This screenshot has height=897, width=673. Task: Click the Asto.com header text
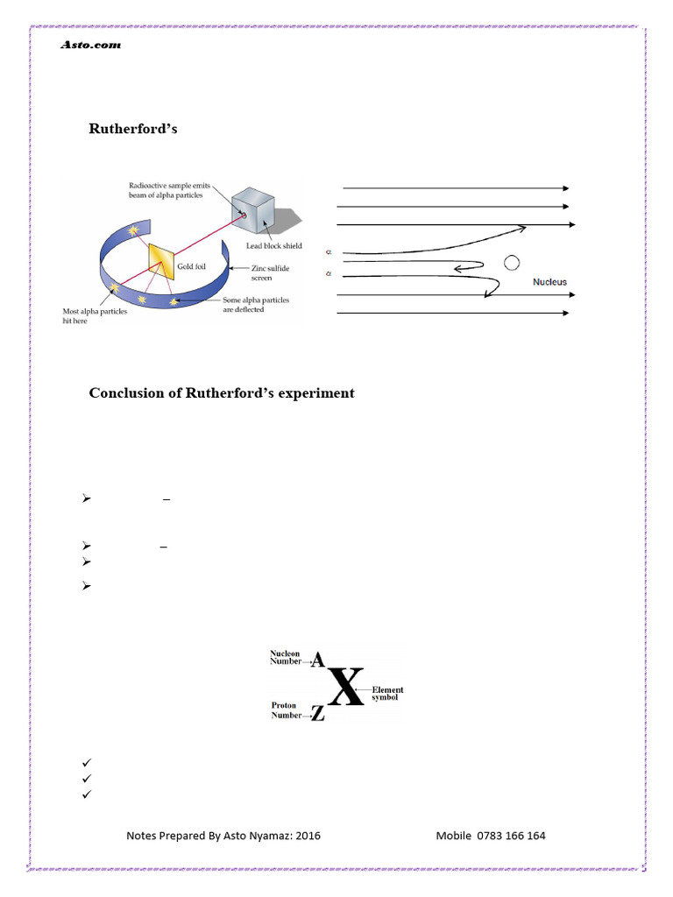[x=90, y=45]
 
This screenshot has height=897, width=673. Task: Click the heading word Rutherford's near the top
[x=133, y=129]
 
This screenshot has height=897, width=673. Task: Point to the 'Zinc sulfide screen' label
[x=269, y=273]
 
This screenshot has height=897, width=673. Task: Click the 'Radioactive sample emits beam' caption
[x=166, y=190]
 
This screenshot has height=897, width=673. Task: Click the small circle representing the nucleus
[x=511, y=262]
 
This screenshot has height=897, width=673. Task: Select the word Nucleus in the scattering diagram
[x=549, y=283]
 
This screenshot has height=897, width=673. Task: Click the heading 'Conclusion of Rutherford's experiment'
[x=222, y=393]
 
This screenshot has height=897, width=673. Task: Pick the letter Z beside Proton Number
[x=317, y=715]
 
